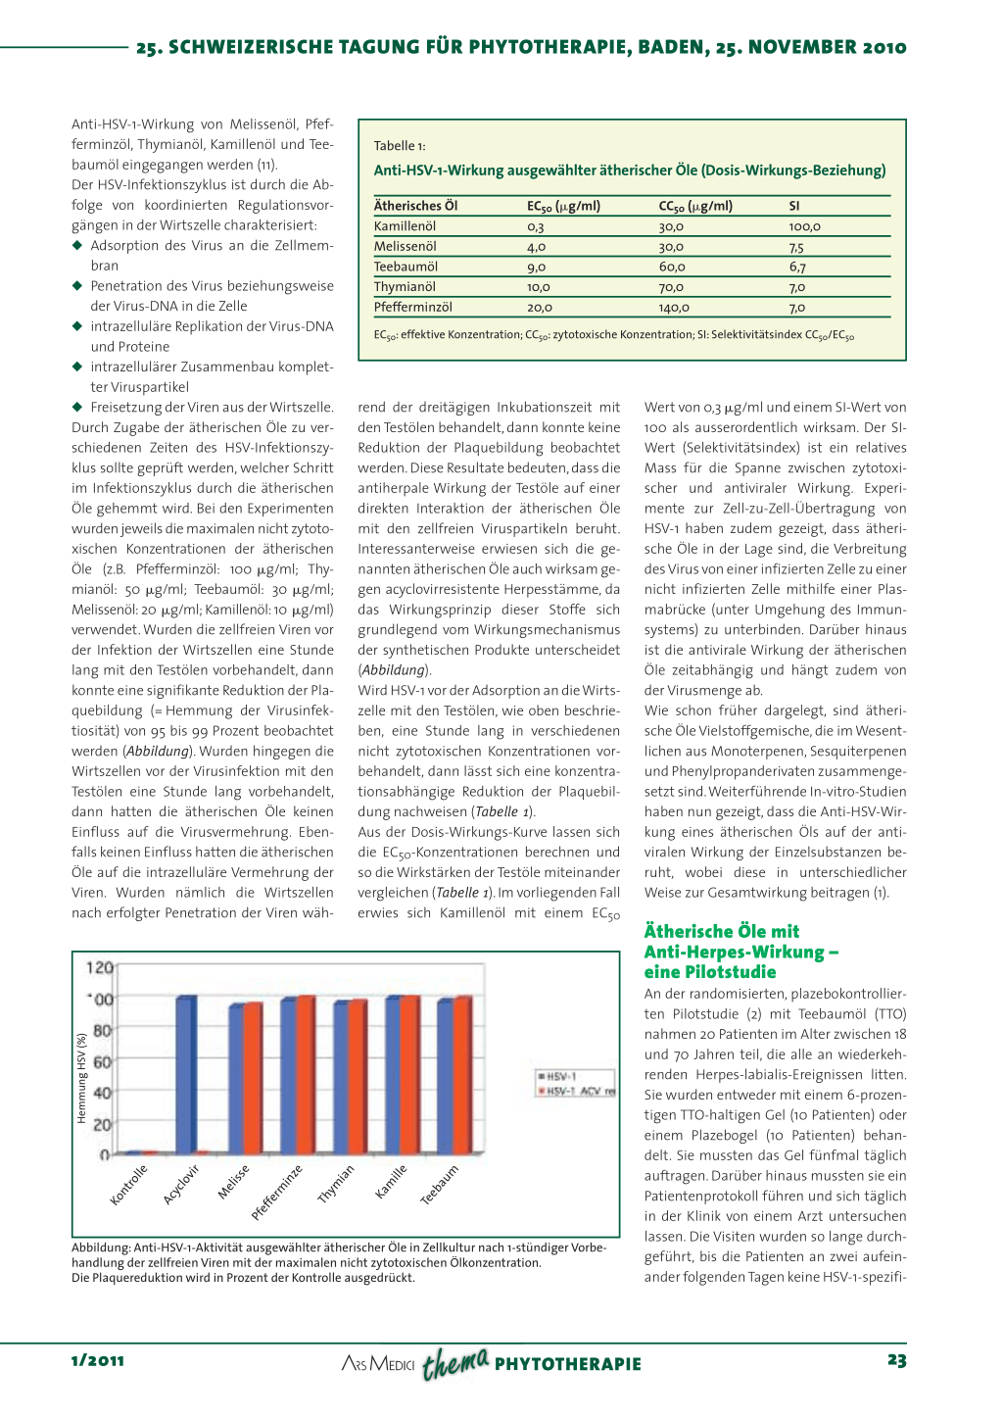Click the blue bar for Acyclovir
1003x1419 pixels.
[186, 1074]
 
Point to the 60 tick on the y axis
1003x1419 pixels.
[102, 1061]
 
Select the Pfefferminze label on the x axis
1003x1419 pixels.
[277, 1192]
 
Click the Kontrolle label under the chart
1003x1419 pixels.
[128, 1185]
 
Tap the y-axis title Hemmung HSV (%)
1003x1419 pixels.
[82, 1078]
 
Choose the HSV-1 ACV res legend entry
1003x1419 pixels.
[578, 1092]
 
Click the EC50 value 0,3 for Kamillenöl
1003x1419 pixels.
[536, 226]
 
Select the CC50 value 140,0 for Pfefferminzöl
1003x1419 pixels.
[673, 308]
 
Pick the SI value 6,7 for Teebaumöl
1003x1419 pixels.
[797, 267]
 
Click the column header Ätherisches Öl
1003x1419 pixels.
[415, 206]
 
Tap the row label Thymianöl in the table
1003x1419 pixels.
[405, 287]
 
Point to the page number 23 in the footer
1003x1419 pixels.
[896, 1360]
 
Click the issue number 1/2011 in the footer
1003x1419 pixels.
[98, 1360]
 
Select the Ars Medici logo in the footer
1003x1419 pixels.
[378, 1363]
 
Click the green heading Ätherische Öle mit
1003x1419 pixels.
[721, 931]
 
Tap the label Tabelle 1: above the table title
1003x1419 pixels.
[400, 146]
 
